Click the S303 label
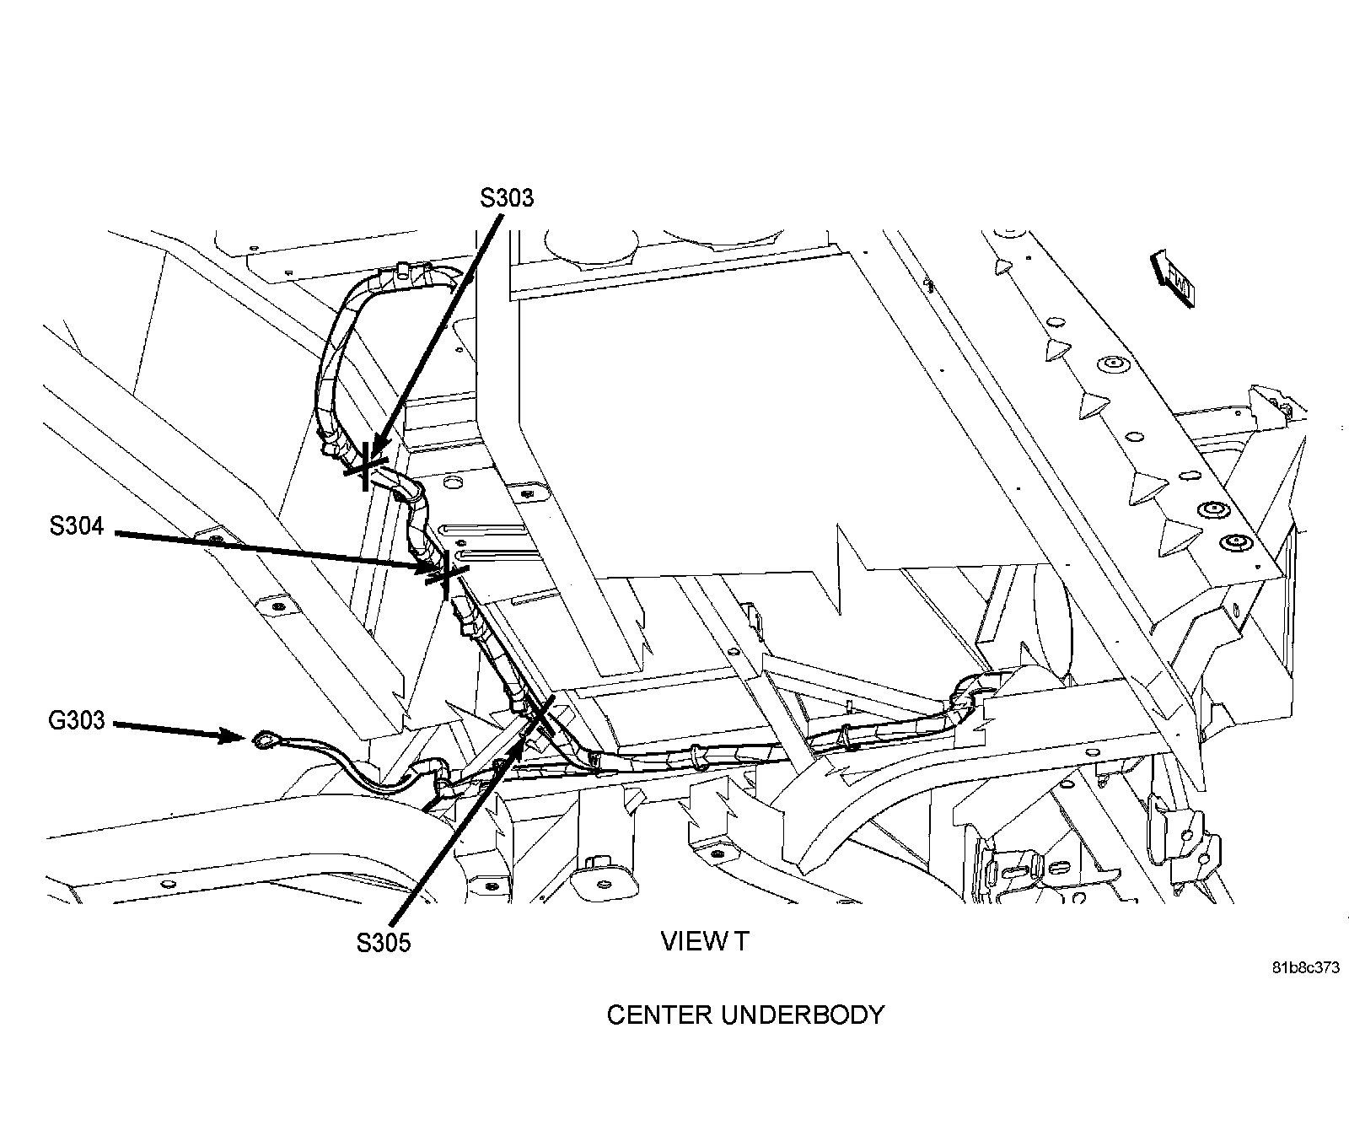click(x=507, y=197)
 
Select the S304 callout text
click(x=76, y=526)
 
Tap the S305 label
click(x=383, y=942)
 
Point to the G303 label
click(x=77, y=720)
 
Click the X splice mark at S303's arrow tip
click(x=366, y=466)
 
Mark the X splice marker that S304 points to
click(x=446, y=576)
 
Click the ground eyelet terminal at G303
click(x=261, y=741)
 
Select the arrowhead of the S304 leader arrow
click(x=427, y=570)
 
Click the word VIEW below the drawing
click(x=688, y=941)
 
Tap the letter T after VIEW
click(x=739, y=941)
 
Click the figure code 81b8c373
click(x=1305, y=968)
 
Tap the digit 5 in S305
click(x=403, y=942)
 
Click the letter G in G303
click(x=57, y=720)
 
